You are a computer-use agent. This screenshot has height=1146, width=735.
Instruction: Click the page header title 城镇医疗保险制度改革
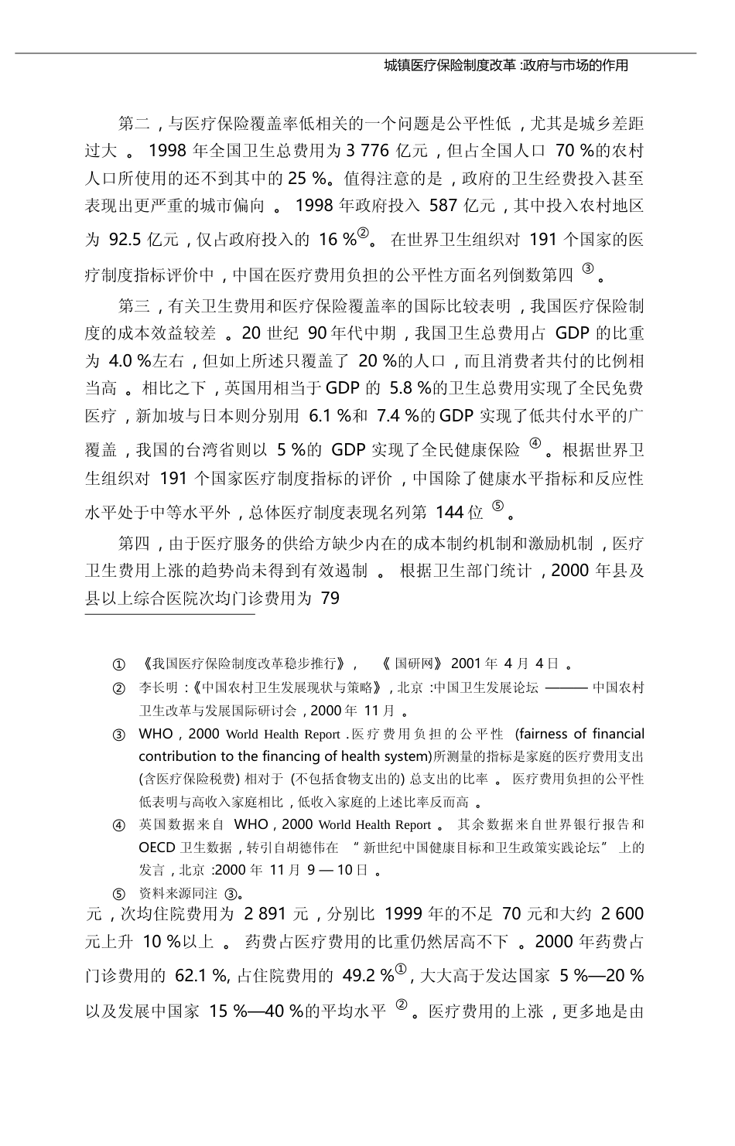click(450, 66)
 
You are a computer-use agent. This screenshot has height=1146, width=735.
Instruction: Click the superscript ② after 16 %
click(365, 233)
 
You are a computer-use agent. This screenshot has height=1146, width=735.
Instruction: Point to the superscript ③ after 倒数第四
click(588, 268)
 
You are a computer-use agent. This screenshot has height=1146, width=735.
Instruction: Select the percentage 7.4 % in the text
click(395, 417)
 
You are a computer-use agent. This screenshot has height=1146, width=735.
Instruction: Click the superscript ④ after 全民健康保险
click(535, 444)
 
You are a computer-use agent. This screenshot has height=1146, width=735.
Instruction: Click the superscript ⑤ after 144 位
click(498, 506)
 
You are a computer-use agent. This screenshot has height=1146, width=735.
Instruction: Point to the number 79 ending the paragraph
click(330, 599)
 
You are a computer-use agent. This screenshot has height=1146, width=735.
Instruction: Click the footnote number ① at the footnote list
click(119, 664)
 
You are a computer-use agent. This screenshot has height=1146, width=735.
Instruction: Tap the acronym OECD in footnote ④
click(159, 847)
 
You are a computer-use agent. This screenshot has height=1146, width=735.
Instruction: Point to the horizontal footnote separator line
click(169, 615)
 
